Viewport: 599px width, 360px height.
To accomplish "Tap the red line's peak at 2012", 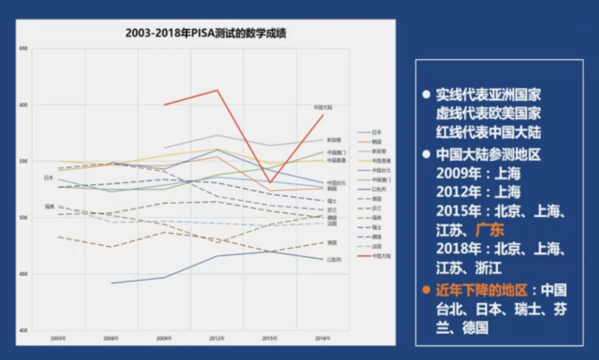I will [x=217, y=91].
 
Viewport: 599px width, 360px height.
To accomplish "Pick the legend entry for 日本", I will [x=378, y=133].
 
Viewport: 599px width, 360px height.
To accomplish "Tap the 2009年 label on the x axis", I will [x=163, y=337].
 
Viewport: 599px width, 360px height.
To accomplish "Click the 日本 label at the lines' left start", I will [x=49, y=178].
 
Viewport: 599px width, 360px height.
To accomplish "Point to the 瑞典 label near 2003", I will [x=49, y=206].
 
